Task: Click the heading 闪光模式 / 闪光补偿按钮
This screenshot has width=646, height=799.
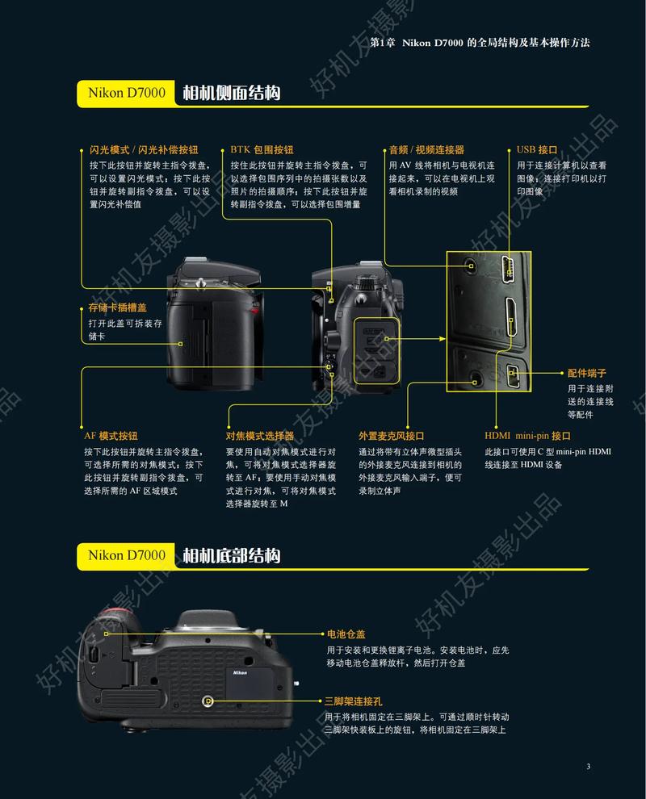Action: tap(144, 150)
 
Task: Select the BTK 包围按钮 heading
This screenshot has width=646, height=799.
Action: tap(262, 150)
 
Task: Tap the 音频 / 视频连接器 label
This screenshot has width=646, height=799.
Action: tap(426, 150)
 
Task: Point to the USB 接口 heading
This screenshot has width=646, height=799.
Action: tap(537, 150)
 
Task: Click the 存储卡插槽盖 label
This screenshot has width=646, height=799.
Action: tap(118, 308)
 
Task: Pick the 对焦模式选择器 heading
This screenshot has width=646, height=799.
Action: tap(260, 436)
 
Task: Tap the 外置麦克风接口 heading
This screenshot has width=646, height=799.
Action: tap(392, 436)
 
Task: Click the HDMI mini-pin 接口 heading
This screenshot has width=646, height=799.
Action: tap(528, 436)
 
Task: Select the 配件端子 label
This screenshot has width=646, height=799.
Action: tap(586, 373)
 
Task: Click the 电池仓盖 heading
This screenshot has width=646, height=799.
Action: tap(346, 634)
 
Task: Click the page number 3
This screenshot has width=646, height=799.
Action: tap(589, 766)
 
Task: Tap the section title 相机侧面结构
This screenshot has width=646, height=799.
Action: tap(231, 93)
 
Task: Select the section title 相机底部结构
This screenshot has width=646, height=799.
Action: tap(231, 555)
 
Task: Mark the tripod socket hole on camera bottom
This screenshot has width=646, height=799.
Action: tap(208, 701)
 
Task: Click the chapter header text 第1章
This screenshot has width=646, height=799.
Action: tap(381, 42)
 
